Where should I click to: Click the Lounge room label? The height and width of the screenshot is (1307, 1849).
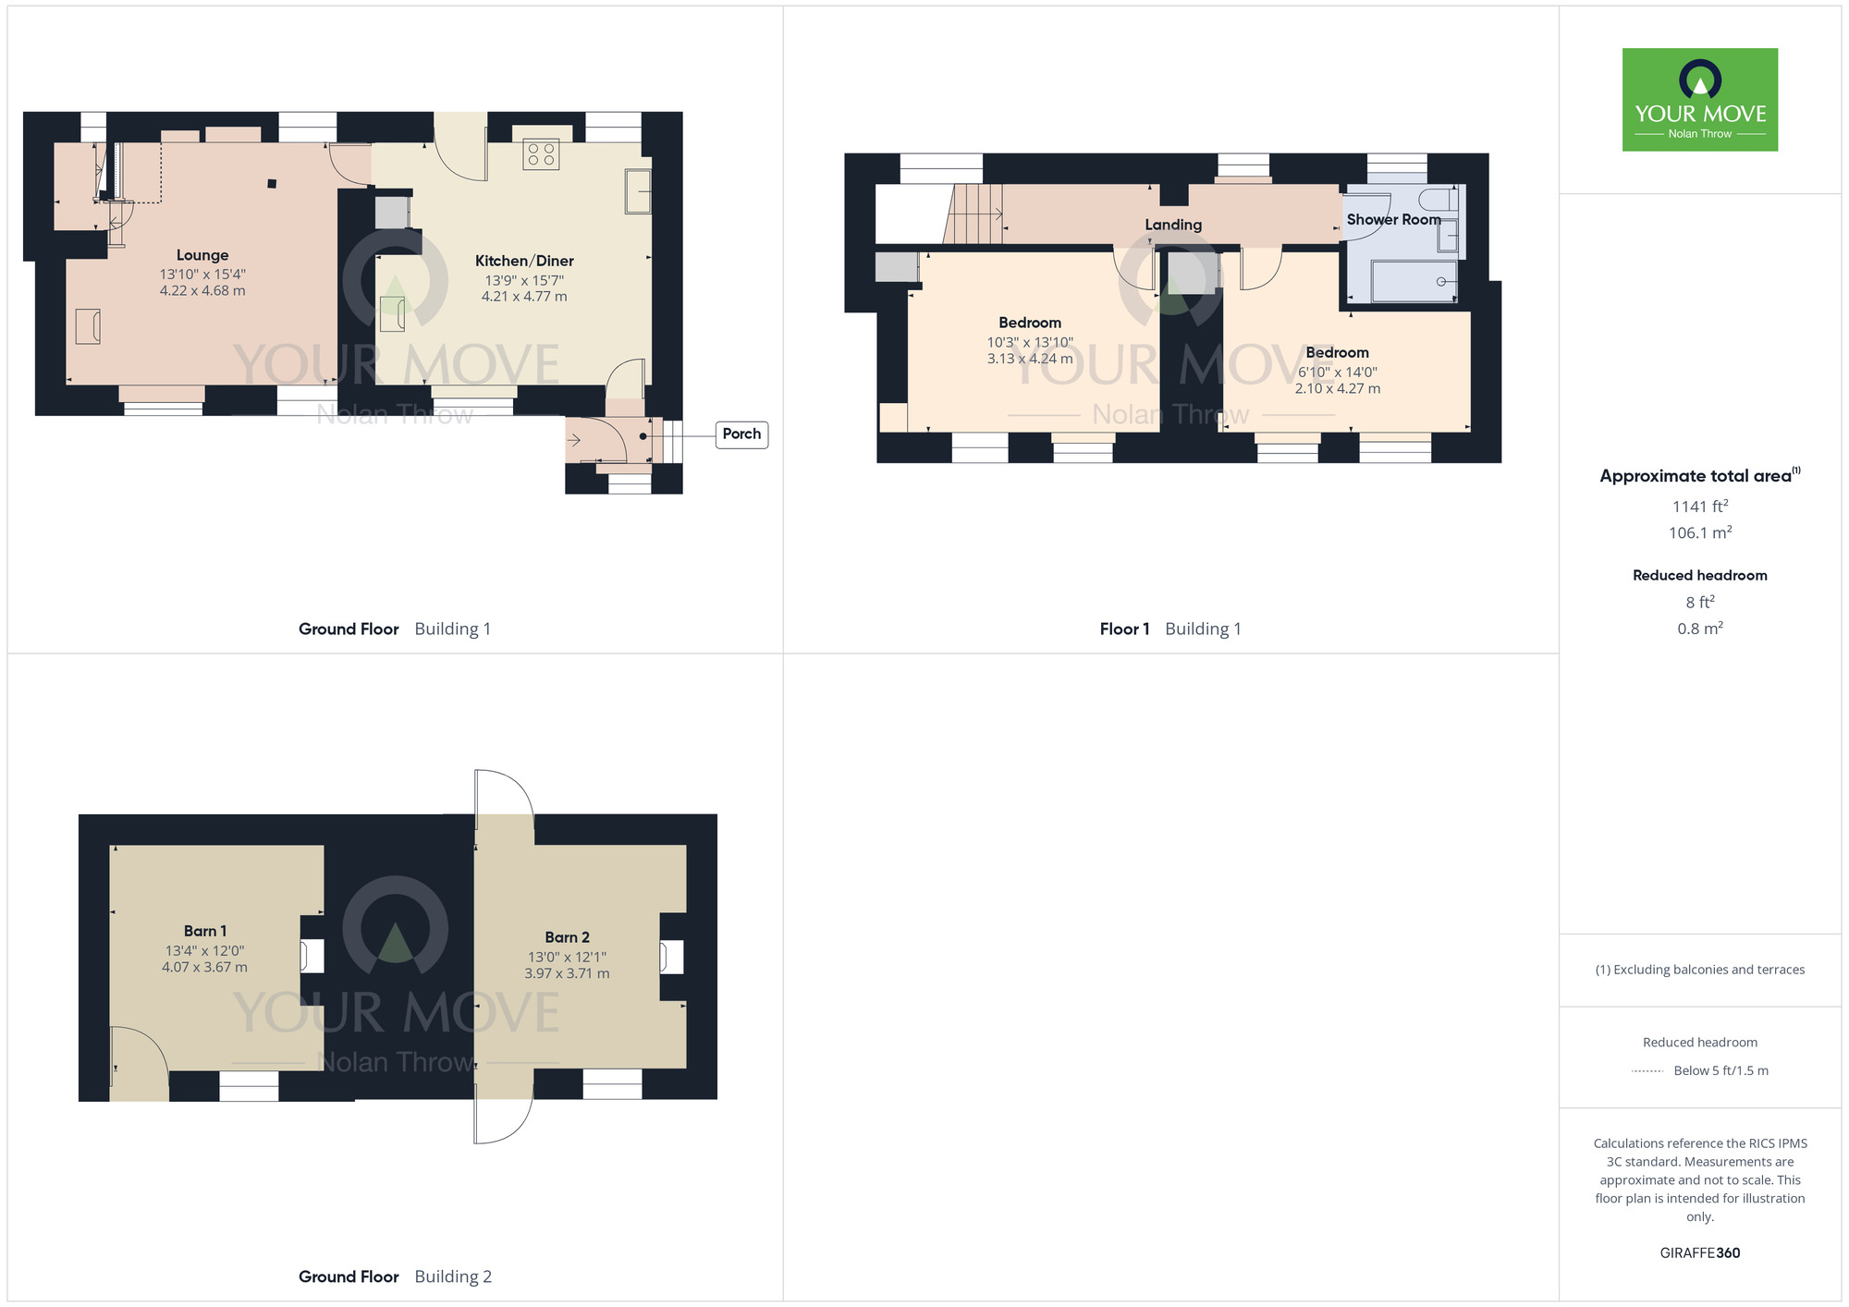click(x=202, y=255)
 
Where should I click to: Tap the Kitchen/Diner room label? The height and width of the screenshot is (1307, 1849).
click(x=524, y=261)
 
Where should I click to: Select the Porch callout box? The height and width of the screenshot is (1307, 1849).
click(x=741, y=434)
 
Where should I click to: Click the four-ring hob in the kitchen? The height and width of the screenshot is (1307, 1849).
click(x=541, y=154)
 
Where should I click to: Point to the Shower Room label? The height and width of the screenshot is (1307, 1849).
click(x=1393, y=220)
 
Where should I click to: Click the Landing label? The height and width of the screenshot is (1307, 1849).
click(x=1173, y=225)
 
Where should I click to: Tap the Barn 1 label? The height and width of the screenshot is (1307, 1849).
click(x=205, y=931)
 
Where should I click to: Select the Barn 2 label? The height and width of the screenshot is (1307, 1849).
click(x=567, y=937)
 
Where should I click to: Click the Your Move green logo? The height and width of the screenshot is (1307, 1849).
click(x=1700, y=100)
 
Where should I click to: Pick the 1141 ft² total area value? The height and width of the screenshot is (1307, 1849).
click(x=1700, y=507)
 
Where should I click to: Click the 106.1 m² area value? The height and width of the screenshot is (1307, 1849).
click(x=1700, y=532)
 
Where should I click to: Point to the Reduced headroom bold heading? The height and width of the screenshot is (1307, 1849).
click(x=1700, y=575)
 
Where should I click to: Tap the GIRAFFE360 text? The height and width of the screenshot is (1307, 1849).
click(x=1700, y=1253)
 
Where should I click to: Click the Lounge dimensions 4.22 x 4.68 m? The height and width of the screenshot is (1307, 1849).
click(x=202, y=290)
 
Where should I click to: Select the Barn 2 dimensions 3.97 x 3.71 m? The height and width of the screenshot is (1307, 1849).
click(x=567, y=973)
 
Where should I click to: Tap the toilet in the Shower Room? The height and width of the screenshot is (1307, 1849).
click(x=1438, y=200)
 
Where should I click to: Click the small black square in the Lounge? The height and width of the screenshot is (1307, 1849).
click(x=272, y=184)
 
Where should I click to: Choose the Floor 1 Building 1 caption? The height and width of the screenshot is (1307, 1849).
click(x=1170, y=629)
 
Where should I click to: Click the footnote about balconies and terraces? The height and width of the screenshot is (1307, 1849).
click(x=1700, y=970)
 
